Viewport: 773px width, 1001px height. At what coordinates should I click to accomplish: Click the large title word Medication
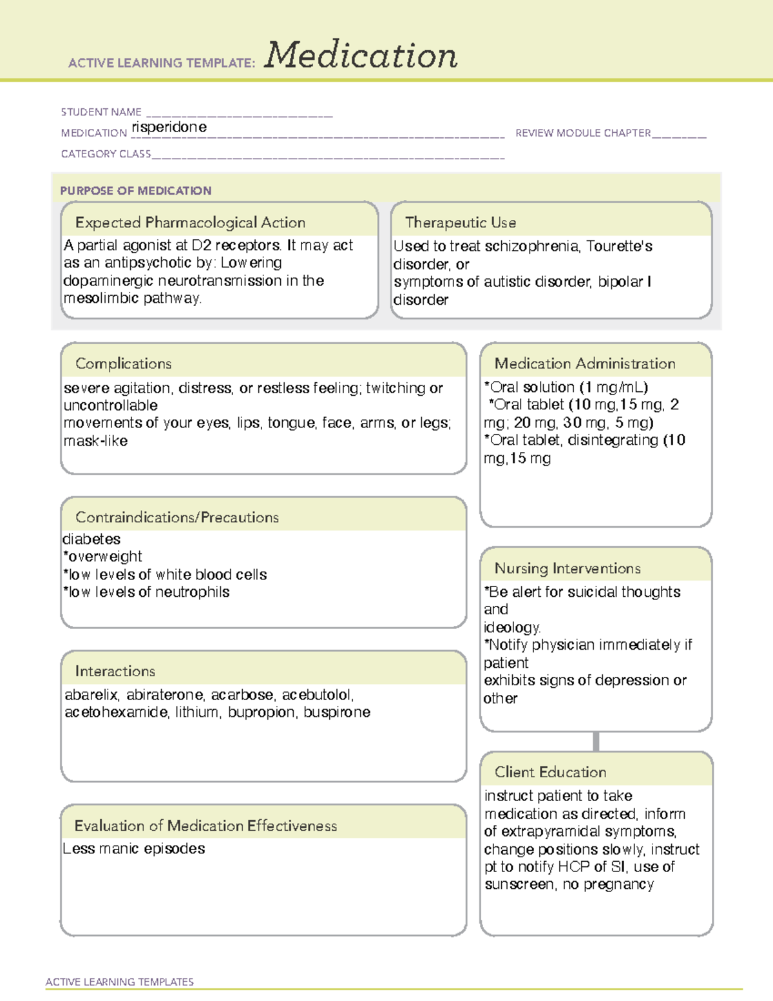361,55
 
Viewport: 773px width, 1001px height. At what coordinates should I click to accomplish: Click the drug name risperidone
169,127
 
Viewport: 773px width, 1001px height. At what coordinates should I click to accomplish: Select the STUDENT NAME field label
101,112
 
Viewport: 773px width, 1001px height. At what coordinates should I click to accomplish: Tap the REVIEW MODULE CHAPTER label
583,133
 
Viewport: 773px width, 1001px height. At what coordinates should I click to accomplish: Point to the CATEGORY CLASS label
106,154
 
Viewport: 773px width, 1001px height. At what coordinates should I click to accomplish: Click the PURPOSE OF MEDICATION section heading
136,191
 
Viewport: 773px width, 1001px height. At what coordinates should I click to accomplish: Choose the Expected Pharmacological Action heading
190,222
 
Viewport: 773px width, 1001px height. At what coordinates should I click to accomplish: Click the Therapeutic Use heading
461,222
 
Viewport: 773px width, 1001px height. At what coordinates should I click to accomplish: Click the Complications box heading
124,364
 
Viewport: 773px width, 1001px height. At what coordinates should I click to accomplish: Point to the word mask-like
95,441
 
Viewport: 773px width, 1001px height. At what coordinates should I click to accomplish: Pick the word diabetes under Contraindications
91,539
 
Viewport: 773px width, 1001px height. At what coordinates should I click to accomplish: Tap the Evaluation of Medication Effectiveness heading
205,826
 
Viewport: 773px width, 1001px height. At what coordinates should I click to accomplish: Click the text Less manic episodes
134,849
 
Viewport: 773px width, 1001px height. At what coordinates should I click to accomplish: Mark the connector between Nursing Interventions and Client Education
596,742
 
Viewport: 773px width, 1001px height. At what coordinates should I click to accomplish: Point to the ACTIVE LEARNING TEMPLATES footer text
120,982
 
